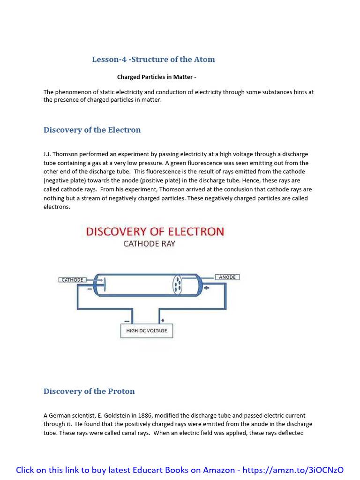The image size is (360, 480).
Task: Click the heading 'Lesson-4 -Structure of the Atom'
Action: click(153, 60)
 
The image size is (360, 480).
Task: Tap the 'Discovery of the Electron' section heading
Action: click(92, 130)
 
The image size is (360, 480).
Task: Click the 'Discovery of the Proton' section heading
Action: click(89, 391)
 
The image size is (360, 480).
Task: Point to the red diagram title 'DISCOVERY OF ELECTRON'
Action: click(155, 232)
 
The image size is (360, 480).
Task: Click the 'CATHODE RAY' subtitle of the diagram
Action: click(149, 244)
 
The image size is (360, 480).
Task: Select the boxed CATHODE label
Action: click(72, 280)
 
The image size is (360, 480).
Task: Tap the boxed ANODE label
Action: click(227, 277)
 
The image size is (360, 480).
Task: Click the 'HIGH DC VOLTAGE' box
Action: click(147, 330)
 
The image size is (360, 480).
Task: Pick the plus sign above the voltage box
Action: click(163, 321)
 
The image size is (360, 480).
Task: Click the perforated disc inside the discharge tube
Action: click(178, 285)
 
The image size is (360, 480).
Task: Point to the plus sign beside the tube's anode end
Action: click(206, 288)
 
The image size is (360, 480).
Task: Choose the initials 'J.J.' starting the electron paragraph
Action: click(48, 154)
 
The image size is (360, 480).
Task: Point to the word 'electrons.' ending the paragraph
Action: click(57, 207)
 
